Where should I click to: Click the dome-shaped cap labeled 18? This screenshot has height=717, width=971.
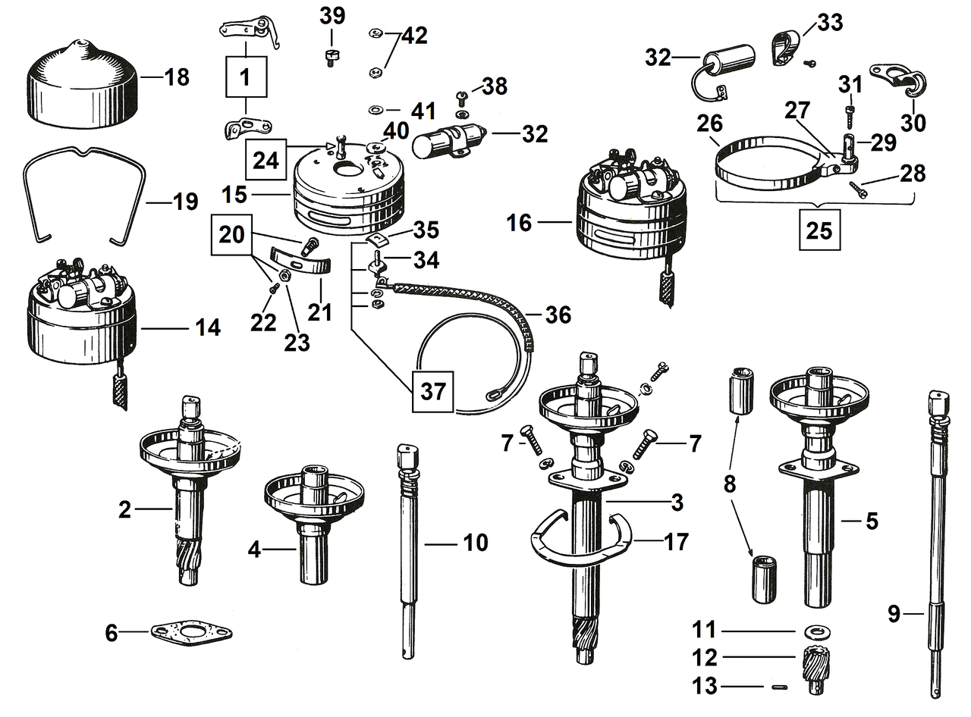click(x=83, y=83)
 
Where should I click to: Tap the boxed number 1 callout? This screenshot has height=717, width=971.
click(x=244, y=77)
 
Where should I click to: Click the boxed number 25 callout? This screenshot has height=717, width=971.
click(x=819, y=230)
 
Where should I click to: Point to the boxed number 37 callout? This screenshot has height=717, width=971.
click(x=434, y=392)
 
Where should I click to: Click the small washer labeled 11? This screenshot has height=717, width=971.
click(x=814, y=631)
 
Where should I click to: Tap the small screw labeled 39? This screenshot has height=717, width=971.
click(x=330, y=58)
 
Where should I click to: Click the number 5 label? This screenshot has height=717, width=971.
click(x=872, y=521)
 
